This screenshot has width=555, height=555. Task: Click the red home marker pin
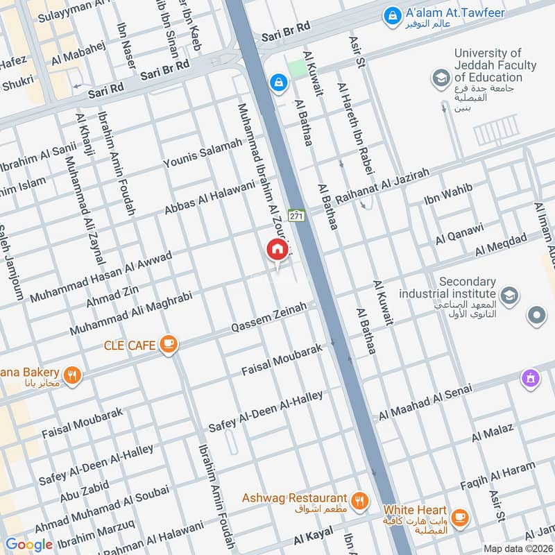277,249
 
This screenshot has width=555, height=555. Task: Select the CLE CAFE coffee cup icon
168,343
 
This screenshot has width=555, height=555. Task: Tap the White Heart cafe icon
459,517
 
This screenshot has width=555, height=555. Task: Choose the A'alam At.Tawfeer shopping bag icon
393,13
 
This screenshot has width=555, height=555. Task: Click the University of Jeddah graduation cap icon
440,78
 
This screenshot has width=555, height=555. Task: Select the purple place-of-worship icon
531,379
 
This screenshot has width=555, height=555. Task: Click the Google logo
28,545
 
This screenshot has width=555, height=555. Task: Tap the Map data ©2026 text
517,548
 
